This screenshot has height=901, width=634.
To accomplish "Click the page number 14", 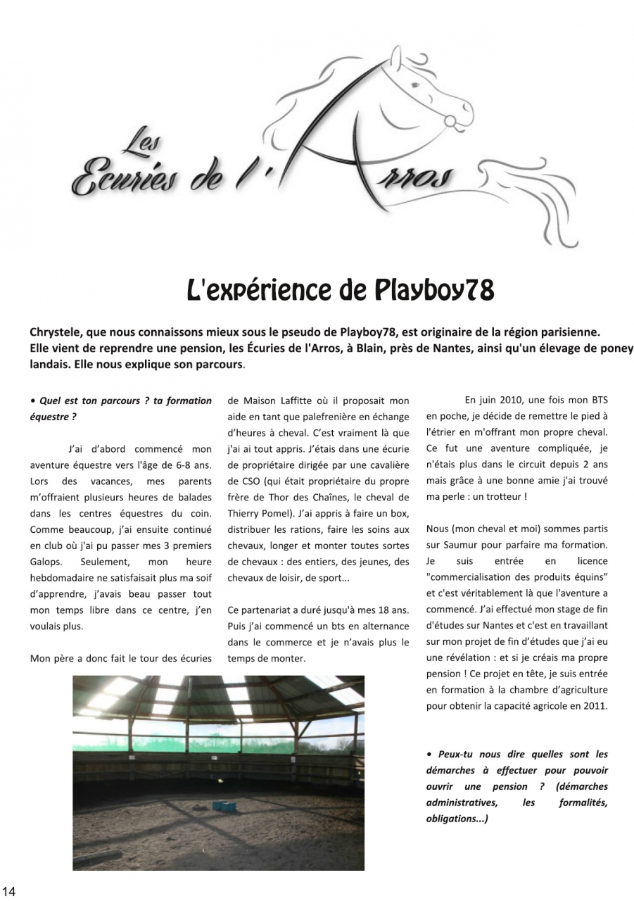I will pyautogui.click(x=8, y=892).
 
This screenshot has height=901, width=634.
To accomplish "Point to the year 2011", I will pyautogui.click(x=593, y=705).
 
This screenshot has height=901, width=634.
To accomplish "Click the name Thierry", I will pyautogui.click(x=244, y=513).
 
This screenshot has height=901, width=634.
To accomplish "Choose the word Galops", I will pyautogui.click(x=46, y=562).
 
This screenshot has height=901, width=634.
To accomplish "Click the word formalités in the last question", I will pyautogui.click(x=583, y=802).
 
